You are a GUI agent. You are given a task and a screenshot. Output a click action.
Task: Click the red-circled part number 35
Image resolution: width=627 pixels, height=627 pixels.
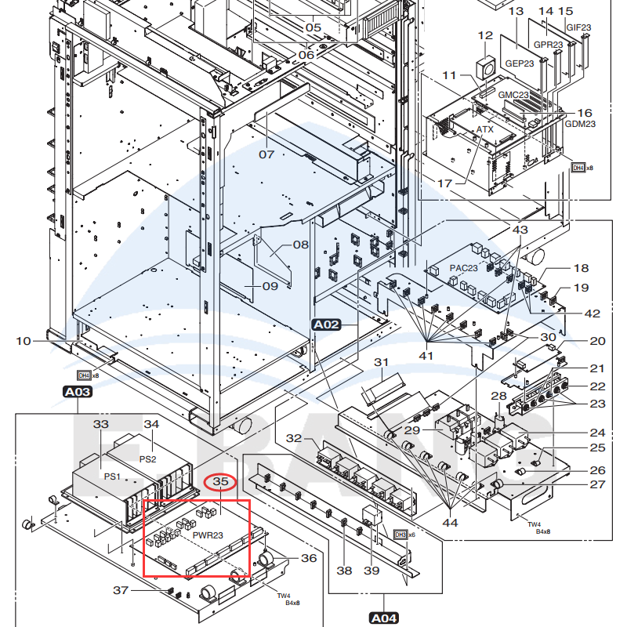coord(220,482)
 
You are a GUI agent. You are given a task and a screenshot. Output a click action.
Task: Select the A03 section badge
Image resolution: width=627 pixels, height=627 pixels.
coord(77,392)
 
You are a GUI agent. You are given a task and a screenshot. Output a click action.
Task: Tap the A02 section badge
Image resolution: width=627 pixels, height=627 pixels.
coord(326,324)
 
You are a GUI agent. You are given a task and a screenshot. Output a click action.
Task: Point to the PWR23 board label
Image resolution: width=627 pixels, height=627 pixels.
coord(208,535)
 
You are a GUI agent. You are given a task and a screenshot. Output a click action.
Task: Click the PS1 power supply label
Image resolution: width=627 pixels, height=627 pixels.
coord(113,476)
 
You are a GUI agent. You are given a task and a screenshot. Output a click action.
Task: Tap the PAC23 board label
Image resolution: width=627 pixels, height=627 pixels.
coord(463,268)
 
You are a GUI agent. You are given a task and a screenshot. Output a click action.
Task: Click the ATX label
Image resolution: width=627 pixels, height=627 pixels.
coord(485,128)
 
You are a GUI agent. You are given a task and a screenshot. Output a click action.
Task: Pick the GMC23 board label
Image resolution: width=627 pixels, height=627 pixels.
coord(514,95)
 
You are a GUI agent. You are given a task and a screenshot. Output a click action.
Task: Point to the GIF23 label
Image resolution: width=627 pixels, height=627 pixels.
coord(578,27)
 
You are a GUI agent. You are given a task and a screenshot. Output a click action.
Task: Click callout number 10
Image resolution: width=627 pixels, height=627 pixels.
coord(24,341)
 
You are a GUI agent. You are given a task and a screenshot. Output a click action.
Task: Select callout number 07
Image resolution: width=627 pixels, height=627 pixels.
coord(266,154)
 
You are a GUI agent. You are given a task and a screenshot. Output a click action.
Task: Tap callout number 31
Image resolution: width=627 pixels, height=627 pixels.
coord(381,362)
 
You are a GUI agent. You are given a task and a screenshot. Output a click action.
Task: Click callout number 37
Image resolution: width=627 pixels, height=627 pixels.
coord(121,590)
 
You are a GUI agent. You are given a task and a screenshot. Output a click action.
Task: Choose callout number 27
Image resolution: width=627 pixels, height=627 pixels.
coord(598,484)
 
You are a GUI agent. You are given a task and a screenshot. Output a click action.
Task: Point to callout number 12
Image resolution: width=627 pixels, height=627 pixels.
coord(486,36)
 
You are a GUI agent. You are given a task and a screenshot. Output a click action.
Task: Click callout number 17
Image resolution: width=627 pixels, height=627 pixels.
coord(444,183)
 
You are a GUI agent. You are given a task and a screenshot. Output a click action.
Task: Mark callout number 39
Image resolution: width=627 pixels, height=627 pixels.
coord(371,571)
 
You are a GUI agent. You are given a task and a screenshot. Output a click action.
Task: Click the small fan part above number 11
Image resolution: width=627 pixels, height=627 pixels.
coord(487,67)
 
